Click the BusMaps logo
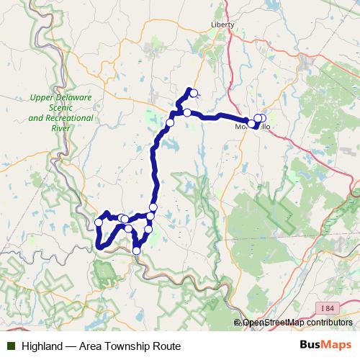[325, 346]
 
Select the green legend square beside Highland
[11, 346]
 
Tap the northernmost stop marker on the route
[193, 91]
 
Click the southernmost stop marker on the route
[137, 251]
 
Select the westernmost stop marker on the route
[99, 222]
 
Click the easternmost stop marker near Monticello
[261, 119]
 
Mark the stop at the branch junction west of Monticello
[187, 113]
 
